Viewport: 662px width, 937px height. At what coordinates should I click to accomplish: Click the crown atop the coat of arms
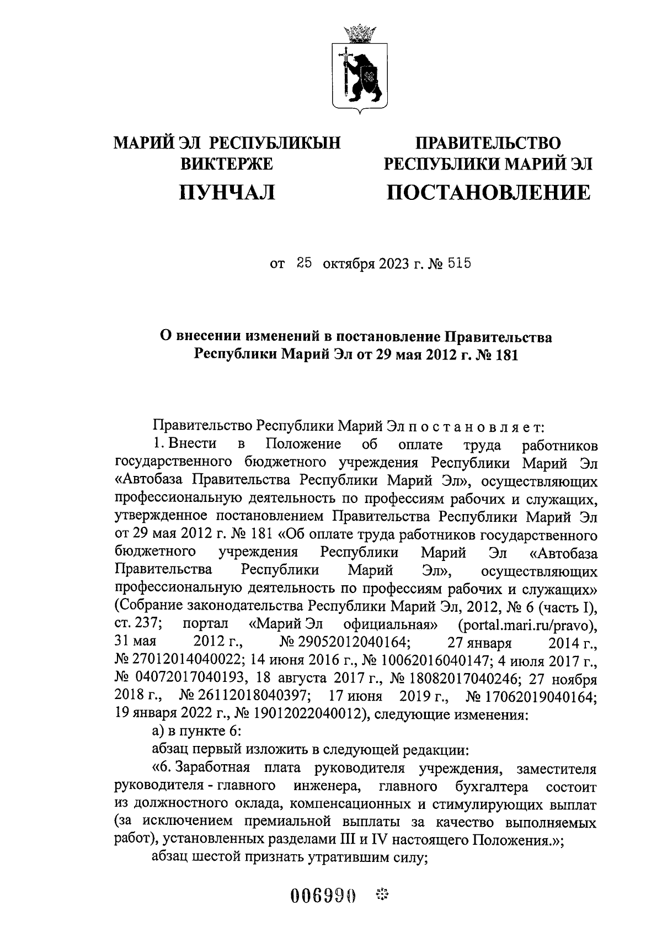point(359,34)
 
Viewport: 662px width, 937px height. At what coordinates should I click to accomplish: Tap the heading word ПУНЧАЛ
point(227,193)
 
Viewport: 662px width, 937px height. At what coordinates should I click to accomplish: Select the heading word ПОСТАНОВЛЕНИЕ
point(488,193)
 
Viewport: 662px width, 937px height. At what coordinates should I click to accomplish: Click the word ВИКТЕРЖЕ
point(227,164)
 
